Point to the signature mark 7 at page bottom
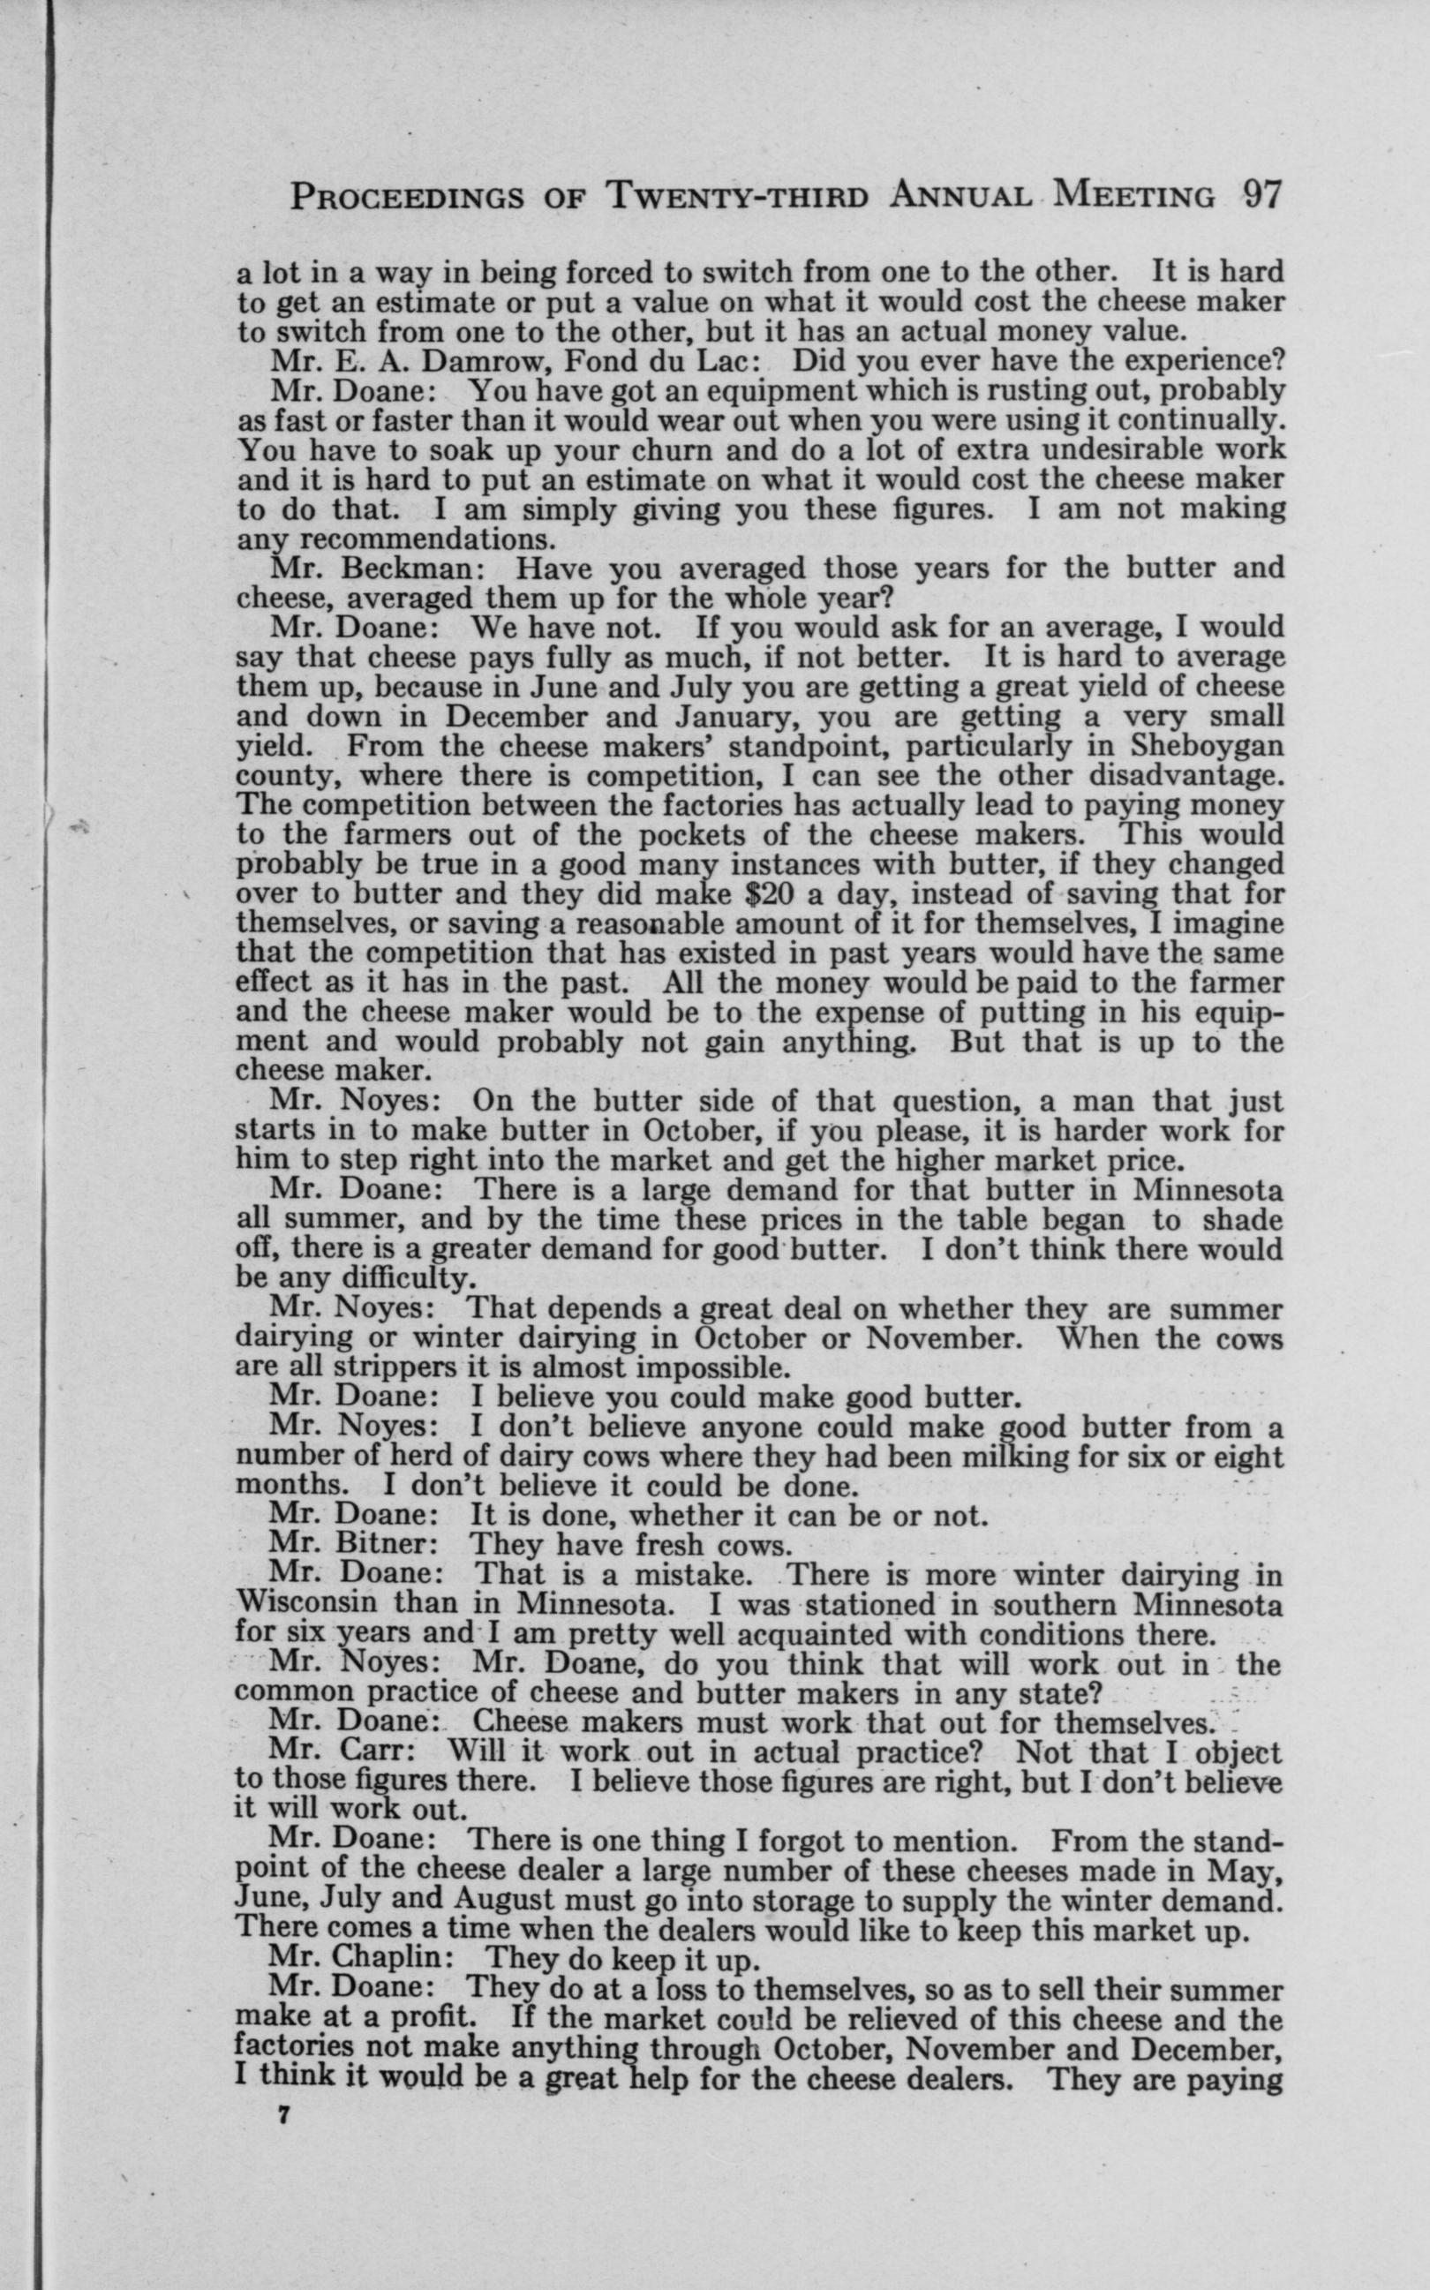coord(281,2111)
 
